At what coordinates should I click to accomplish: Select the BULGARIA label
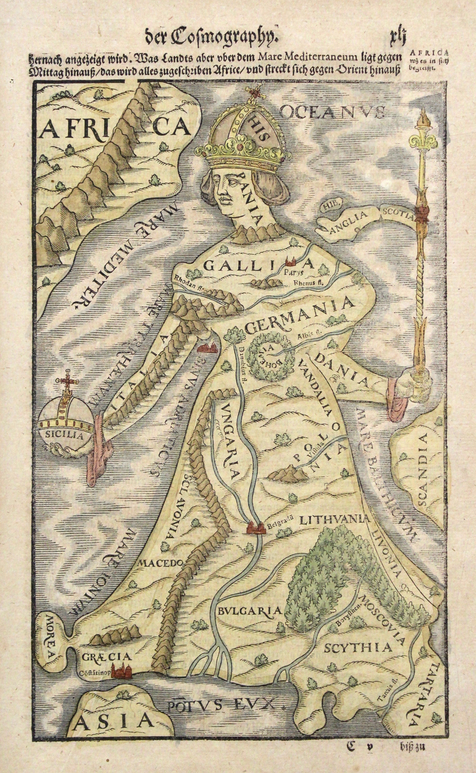(x=249, y=611)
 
